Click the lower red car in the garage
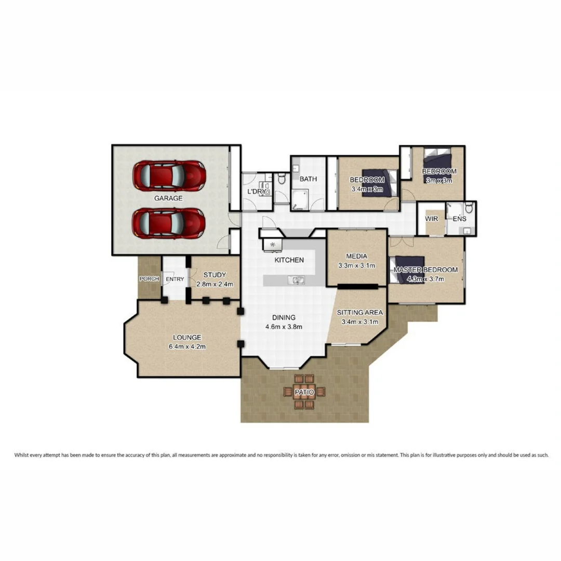(168, 223)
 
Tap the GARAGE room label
(168, 198)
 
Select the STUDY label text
(215, 275)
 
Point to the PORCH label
(149, 279)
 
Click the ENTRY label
(175, 279)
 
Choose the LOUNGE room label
(188, 338)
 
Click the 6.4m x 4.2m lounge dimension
(188, 347)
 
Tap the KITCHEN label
(289, 260)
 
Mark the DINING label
(284, 317)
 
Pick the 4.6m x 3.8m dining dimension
(284, 327)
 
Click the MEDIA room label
(356, 256)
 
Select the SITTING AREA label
(359, 313)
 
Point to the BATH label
(308, 179)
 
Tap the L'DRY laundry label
(257, 192)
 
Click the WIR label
(432, 219)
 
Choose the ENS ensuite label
(459, 219)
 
